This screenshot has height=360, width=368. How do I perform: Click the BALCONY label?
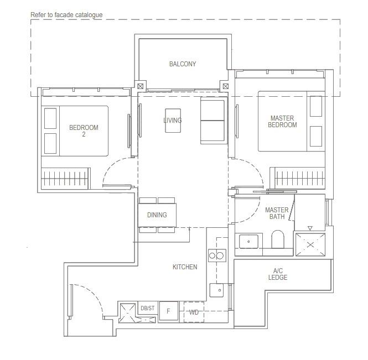point(183,64)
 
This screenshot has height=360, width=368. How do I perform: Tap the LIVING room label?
point(173,121)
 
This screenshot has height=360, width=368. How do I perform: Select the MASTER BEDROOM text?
point(282,122)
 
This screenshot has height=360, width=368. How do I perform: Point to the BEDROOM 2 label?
point(84,131)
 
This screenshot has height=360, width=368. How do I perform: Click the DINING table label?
point(157,215)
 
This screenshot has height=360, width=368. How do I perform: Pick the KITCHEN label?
point(185,267)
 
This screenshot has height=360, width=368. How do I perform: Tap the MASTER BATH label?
point(277,213)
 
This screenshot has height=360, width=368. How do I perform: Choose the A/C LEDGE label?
point(278,274)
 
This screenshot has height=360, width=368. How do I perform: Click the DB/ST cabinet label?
point(148,308)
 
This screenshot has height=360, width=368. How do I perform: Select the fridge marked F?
point(169,311)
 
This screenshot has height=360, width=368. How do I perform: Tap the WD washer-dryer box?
point(194,312)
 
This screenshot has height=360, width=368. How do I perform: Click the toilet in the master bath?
point(278,239)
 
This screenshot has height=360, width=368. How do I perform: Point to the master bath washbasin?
point(248,241)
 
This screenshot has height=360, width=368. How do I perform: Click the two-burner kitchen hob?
point(217,255)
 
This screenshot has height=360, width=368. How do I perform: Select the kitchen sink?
point(216,290)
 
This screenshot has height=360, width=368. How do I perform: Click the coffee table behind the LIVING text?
point(173,121)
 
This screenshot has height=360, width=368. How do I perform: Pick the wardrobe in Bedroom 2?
point(65,179)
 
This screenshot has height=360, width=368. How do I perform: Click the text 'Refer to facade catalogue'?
point(66,15)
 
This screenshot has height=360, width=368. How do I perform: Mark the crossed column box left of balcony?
point(141,86)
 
